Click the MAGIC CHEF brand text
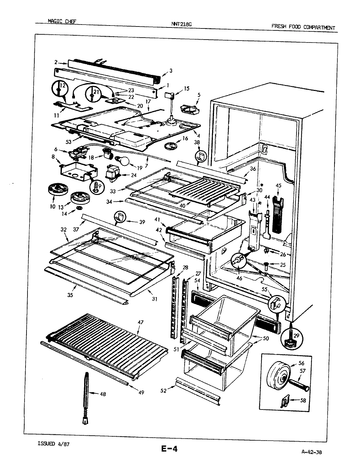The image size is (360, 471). coord(63,21)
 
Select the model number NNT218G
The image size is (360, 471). coord(180,24)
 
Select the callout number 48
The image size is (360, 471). coord(102,394)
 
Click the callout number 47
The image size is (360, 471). coord(140,322)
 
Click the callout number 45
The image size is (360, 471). coord(279,185)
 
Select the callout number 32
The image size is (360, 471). coord(63,230)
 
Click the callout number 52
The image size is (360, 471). coord(164,390)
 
